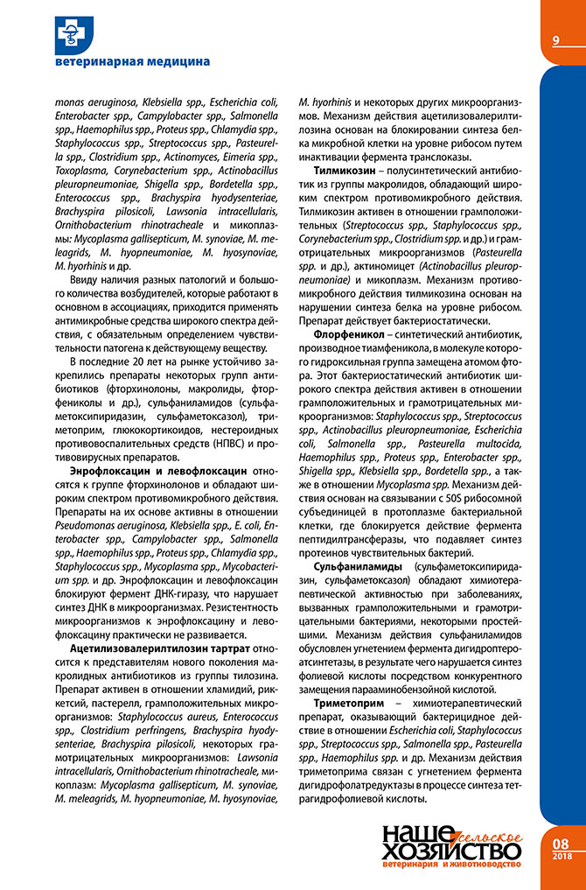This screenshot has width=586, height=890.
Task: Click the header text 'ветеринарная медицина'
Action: pyautogui.click(x=131, y=62)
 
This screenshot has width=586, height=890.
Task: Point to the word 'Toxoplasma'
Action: pyautogui.click(x=81, y=161)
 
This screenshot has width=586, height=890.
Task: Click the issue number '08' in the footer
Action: pyautogui.click(x=562, y=844)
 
